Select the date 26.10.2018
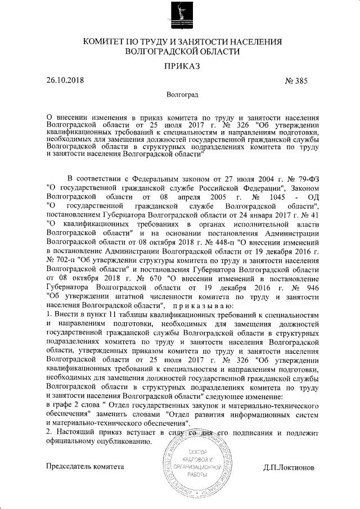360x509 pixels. point(65,80)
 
